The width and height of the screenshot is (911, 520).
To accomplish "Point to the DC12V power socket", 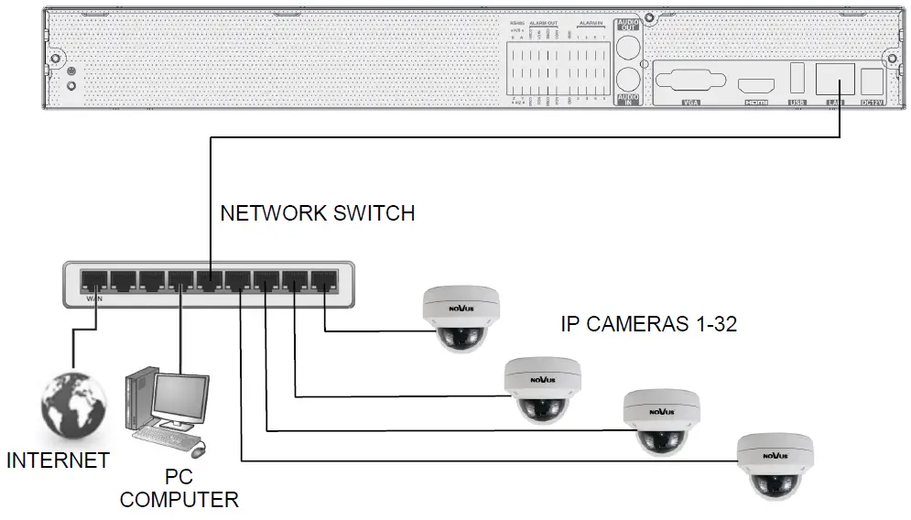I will tap(872, 81).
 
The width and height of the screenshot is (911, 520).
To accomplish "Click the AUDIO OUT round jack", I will tap(627, 49).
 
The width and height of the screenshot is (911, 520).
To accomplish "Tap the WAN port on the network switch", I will tap(92, 279).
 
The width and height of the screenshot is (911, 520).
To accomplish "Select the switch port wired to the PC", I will tap(180, 279).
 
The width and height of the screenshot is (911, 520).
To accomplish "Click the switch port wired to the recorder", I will tap(210, 279).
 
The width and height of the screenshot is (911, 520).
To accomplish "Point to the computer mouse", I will tap(198, 450).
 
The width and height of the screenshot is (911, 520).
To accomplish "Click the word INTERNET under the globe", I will tap(58, 460).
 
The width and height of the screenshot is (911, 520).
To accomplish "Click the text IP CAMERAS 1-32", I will tap(648, 324).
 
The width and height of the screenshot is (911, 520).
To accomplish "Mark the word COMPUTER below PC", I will tap(179, 500).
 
